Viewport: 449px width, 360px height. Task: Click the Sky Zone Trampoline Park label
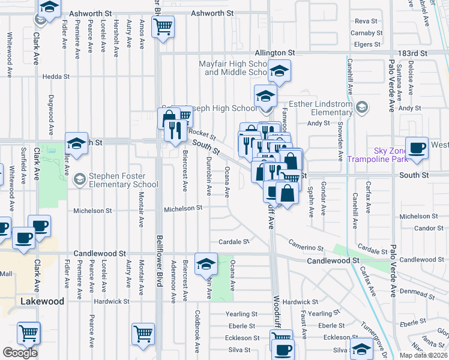coord(377,155)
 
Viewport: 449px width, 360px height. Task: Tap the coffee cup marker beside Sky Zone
coord(417,148)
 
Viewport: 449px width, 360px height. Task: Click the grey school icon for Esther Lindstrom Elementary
coord(361,107)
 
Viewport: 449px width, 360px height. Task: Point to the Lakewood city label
coord(42,301)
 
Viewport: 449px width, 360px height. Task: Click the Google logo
coord(20,353)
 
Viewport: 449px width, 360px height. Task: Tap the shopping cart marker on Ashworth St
coord(163,26)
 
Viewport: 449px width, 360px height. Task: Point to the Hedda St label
coord(56,77)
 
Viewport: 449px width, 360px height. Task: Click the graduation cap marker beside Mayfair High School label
coord(279,70)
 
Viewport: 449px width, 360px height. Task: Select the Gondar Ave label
coord(323,199)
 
